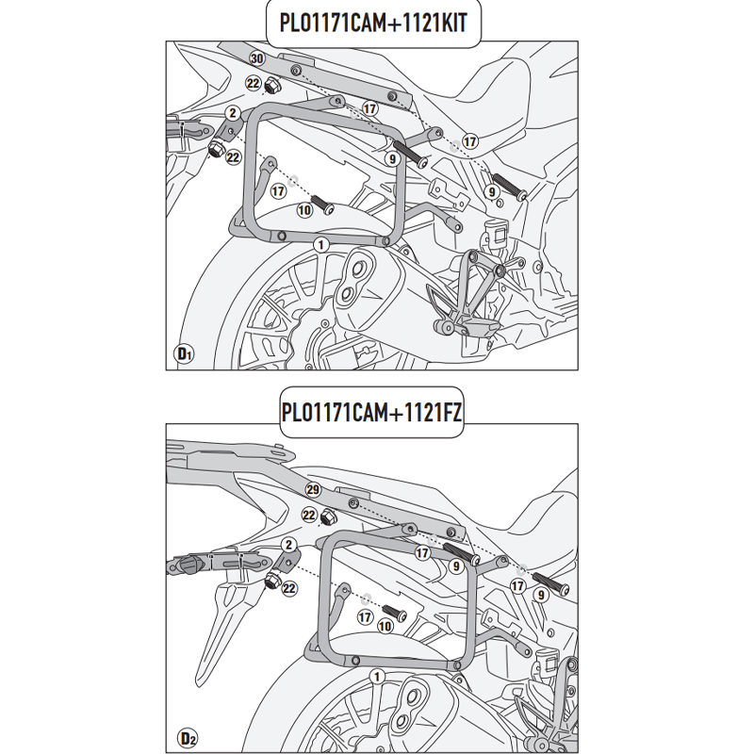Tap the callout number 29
coord(313,490)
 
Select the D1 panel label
coord(185,354)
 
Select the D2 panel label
coord(185,734)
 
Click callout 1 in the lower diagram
coord(377,677)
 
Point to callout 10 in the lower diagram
coord(385,625)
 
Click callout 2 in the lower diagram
coord(288,545)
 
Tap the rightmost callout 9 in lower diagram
coord(541,594)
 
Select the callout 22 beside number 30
coord(253,83)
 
